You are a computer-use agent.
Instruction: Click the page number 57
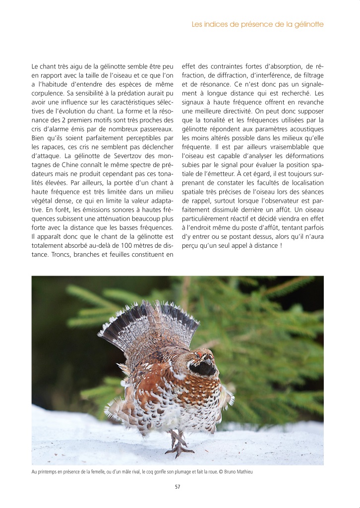tap(178, 486)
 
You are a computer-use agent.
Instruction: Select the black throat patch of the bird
tap(203, 367)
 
